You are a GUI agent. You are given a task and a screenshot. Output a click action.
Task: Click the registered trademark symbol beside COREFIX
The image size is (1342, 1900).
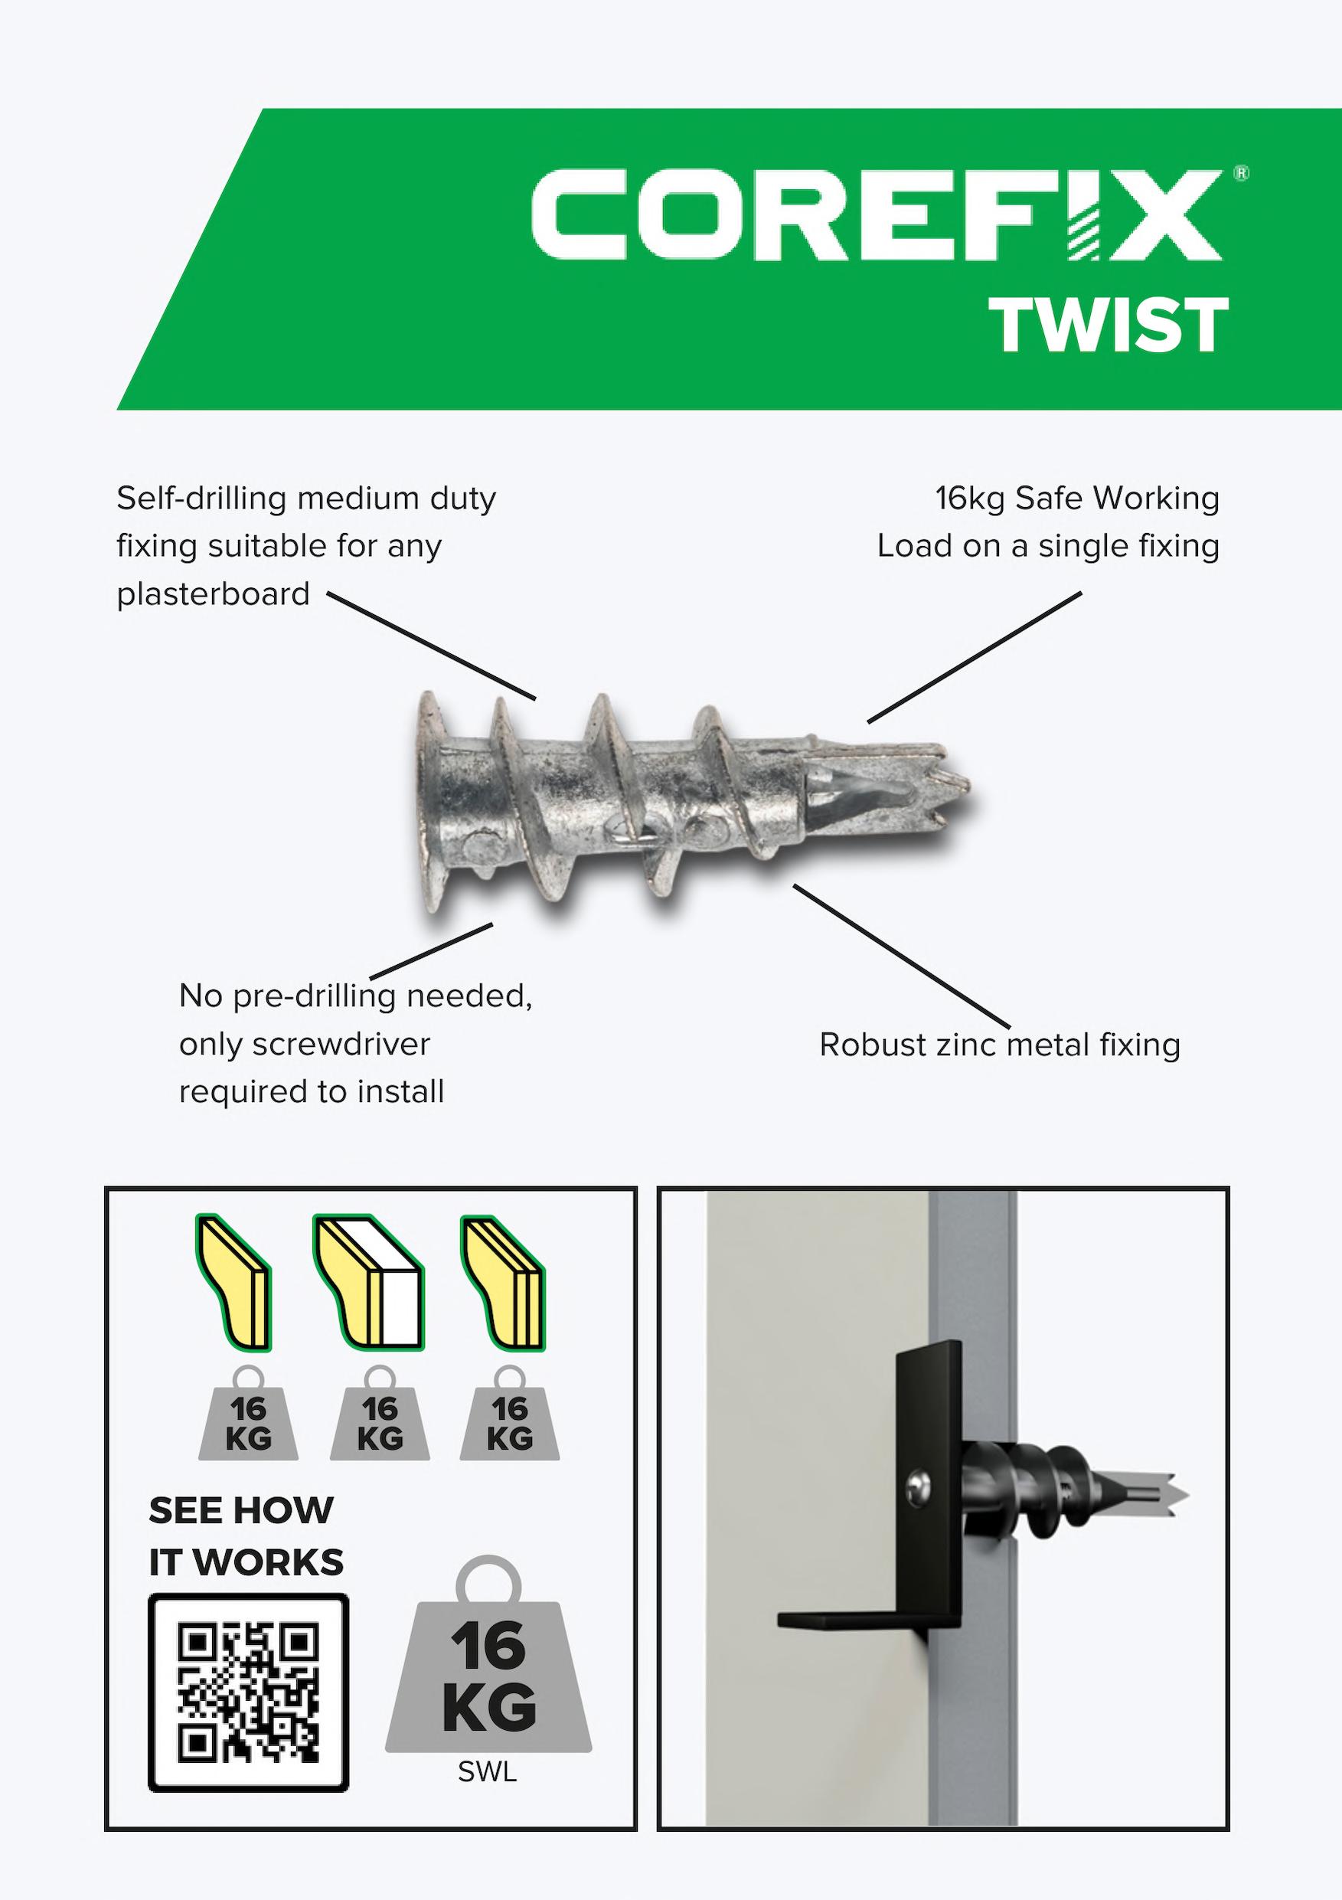coord(1241,174)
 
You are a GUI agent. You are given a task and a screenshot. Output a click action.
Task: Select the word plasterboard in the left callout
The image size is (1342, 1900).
coord(213,594)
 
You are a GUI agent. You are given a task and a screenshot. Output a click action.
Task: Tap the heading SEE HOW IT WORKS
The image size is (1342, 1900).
coord(246,1537)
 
